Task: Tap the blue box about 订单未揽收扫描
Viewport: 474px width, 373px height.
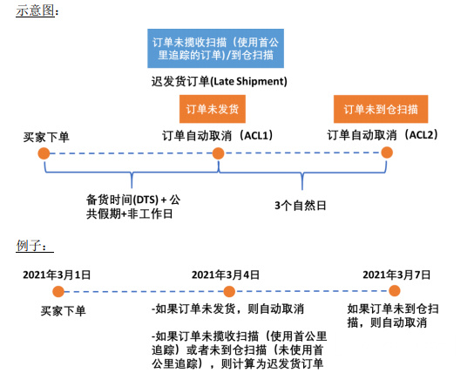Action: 219,49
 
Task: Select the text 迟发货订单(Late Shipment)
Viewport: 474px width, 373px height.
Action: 219,81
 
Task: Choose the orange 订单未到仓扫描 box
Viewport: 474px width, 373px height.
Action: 380,110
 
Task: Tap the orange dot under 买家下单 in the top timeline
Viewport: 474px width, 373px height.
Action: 43,153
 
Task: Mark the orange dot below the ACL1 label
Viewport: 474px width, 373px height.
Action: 218,153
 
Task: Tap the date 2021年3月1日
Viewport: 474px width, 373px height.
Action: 57,275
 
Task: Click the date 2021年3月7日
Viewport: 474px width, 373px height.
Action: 397,275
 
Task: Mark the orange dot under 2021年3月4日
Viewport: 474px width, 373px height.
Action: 230,292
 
